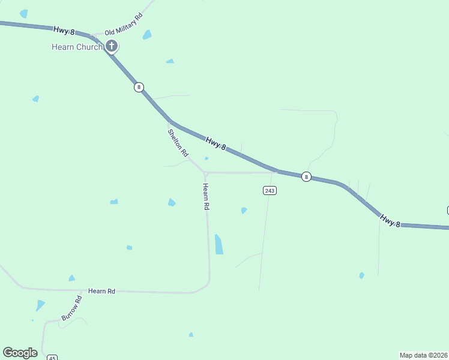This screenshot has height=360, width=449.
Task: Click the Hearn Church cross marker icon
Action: coord(112,46)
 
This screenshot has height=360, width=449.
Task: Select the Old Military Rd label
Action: coord(123,25)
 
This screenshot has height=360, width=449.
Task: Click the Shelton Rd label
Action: coord(178,143)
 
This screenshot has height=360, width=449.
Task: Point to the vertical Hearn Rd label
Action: coord(206,196)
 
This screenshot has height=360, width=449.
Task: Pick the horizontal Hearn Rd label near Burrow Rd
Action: coord(101,291)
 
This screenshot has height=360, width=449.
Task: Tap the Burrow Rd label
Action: coord(71,308)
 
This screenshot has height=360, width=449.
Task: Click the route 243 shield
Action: coord(270,190)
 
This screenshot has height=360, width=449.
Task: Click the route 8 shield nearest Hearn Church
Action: coord(139,87)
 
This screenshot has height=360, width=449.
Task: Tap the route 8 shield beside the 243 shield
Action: coord(306,176)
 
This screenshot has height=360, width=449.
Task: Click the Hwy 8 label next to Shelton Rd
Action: coord(215,143)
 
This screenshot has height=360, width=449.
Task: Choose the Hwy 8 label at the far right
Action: coord(390,221)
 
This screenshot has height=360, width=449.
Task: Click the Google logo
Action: coord(20,353)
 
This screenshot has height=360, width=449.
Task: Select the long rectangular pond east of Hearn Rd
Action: coord(219,244)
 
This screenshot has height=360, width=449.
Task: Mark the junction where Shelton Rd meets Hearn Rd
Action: coord(205,173)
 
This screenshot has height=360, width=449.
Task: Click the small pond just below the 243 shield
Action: coord(244,211)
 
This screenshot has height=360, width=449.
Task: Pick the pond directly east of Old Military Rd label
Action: coord(147,35)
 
